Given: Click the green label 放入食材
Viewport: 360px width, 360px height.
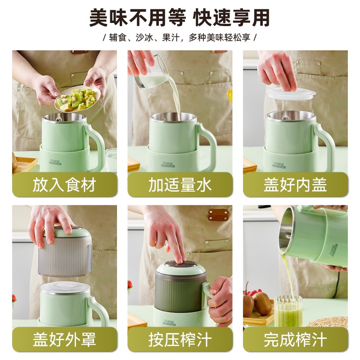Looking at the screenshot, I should [64, 184].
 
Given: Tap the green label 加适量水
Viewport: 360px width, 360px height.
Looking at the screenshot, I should [180, 184].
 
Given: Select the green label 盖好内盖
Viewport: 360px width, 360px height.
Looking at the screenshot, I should [296, 184].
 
